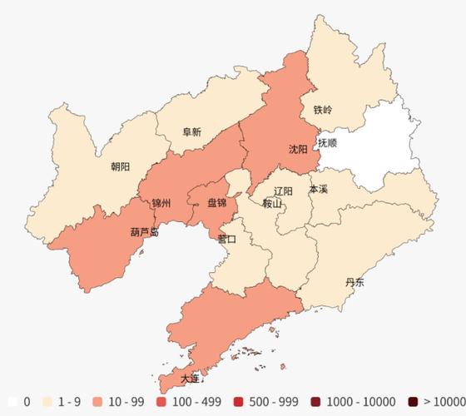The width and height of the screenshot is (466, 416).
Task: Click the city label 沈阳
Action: coord(298,150)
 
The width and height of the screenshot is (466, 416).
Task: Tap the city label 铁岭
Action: coord(322,110)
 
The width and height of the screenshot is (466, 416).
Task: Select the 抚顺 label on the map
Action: coord(327,143)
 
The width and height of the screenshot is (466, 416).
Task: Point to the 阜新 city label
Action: coord(191,131)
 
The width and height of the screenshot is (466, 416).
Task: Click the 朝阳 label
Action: coord(120,166)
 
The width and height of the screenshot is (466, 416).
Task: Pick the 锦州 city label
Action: coord(161,203)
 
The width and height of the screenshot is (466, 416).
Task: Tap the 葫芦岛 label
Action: coord(144,232)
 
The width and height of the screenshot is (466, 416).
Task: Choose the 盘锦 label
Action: coord(216,203)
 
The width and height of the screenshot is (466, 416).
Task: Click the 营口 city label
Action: coord(226,239)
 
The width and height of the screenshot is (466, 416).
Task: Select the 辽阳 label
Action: coord(283,191)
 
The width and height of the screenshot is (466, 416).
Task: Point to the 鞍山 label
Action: coord(272,204)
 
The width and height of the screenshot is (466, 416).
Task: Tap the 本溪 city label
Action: coord(318,190)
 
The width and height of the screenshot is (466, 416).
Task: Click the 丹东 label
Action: coord(354,282)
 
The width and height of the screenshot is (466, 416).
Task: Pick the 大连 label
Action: coord(191,379)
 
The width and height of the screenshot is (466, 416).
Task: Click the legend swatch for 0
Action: coord(13,402)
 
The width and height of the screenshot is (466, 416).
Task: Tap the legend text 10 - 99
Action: coord(126,402)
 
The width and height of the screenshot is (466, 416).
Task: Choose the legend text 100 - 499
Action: coord(197,402)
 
